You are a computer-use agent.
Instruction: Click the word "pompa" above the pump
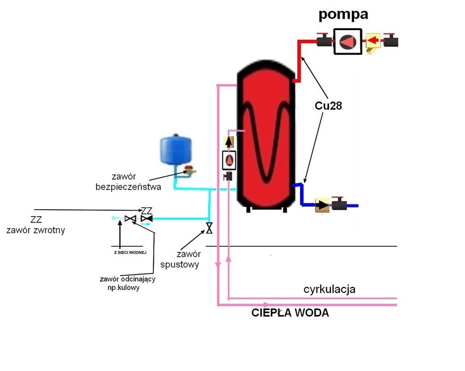click(343, 14)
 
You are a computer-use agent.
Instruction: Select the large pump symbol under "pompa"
click(348, 42)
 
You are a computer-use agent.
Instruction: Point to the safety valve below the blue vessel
click(188, 172)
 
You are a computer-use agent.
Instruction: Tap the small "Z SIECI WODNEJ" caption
click(126, 252)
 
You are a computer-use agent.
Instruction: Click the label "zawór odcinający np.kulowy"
click(128, 283)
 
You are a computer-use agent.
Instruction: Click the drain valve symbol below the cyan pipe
click(209, 229)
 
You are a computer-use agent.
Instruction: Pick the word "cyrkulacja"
click(329, 289)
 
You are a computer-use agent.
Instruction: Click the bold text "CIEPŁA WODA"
click(290, 313)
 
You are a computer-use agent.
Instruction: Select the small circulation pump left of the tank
click(230, 160)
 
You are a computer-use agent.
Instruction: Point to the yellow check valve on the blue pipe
click(323, 204)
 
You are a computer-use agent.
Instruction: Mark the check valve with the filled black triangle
click(147, 218)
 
